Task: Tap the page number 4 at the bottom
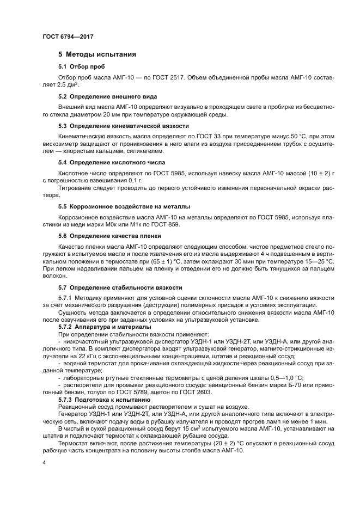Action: pos(44,463)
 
